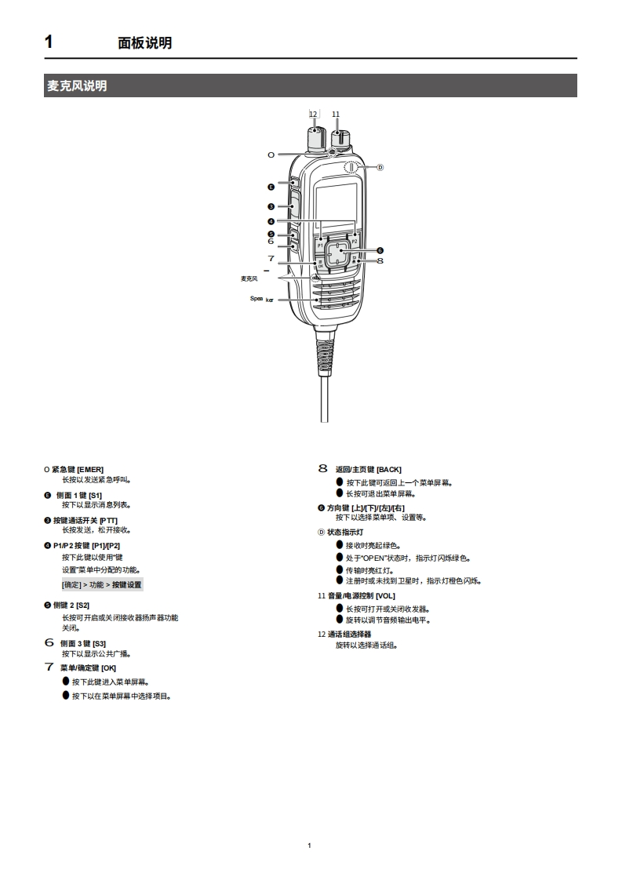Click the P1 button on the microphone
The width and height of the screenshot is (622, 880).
pyautogui.click(x=320, y=245)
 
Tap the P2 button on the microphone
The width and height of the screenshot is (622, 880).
pyautogui.click(x=355, y=242)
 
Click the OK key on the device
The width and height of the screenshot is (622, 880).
pyautogui.click(x=320, y=265)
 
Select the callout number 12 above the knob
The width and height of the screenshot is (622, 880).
pyautogui.click(x=313, y=114)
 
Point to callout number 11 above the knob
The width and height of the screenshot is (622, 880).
pyautogui.click(x=336, y=114)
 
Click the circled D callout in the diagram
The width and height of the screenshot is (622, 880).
pyautogui.click(x=380, y=167)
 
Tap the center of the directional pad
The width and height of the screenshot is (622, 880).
pyautogui.click(x=337, y=253)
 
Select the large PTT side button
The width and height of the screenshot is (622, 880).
pyautogui.click(x=295, y=207)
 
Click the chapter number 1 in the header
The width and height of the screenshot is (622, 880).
pyautogui.click(x=49, y=42)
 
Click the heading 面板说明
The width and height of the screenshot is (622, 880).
pyautogui.click(x=144, y=43)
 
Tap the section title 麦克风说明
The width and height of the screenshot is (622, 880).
pyautogui.click(x=77, y=85)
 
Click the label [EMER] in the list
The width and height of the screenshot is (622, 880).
pyautogui.click(x=90, y=469)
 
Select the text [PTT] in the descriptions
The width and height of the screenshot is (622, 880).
pyautogui.click(x=108, y=520)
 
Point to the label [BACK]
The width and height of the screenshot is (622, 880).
pyautogui.click(x=389, y=469)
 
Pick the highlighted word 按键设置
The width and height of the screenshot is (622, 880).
pyautogui.click(x=127, y=584)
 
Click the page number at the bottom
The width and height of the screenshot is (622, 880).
pyautogui.click(x=311, y=845)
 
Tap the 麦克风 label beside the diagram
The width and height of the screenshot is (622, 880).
pyautogui.click(x=249, y=278)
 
